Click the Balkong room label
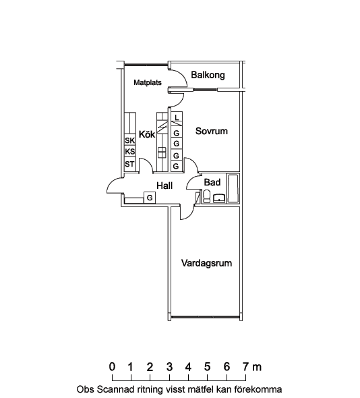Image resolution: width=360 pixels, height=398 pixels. pyautogui.click(x=208, y=75)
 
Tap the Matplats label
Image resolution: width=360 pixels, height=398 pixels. pyautogui.click(x=148, y=82)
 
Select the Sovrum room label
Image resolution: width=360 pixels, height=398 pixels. pyautogui.click(x=212, y=131)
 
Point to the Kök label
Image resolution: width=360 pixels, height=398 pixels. pyautogui.click(x=147, y=134)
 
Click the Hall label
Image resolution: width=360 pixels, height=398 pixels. pyautogui.click(x=164, y=186)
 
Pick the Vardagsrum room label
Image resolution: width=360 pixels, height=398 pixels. pyautogui.click(x=206, y=263)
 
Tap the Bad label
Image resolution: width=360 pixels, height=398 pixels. pyautogui.click(x=212, y=182)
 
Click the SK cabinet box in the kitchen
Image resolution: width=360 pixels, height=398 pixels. pyautogui.click(x=130, y=140)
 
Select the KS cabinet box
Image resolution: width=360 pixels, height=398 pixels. pyautogui.click(x=130, y=151)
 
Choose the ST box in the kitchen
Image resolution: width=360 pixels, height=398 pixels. pyautogui.click(x=130, y=165)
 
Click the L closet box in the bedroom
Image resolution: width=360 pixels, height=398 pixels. pyautogui.click(x=177, y=117)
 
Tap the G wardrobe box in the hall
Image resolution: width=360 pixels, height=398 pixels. pyautogui.click(x=150, y=198)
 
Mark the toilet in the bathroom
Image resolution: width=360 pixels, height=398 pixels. pyautogui.click(x=207, y=196)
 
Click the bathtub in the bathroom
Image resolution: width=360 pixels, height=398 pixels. pyautogui.click(x=233, y=188)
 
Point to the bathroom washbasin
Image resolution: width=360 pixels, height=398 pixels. pyautogui.click(x=219, y=198)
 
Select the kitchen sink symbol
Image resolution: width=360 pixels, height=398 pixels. pyautogui.click(x=162, y=152)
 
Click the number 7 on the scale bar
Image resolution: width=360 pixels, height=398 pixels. pyautogui.click(x=245, y=367)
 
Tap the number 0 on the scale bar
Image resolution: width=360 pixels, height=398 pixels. pyautogui.click(x=112, y=367)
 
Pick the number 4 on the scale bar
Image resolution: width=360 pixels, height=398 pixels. pyautogui.click(x=188, y=367)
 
